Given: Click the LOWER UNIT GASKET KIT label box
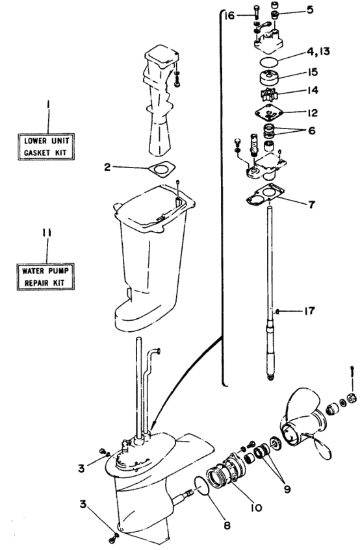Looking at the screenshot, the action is point(46,147).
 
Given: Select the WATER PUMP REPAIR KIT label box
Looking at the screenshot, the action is point(45,277).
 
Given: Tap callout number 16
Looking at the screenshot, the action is point(229,16).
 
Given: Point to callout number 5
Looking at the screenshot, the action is point(310,10).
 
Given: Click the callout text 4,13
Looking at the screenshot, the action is point(318,51).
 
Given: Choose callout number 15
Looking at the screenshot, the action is point(312,72).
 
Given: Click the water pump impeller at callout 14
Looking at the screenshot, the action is point(270,94).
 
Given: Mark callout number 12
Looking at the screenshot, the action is point(312,112).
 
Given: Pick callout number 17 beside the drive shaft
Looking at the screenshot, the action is point(309,311).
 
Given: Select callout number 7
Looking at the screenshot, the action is point(311,205).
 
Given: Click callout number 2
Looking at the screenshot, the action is point(107,167).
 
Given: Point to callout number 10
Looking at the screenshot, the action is point(257,507).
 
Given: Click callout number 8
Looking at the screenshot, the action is point(227,525).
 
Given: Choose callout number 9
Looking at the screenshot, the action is point(287,488).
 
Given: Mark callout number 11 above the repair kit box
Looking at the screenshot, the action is point(47,233).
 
